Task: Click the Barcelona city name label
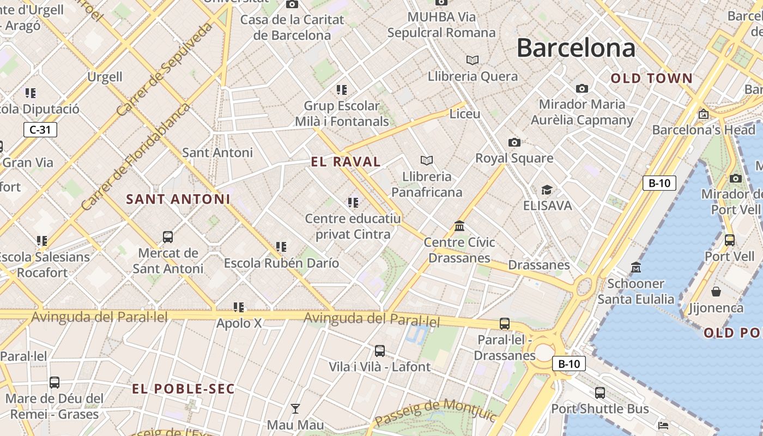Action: (576, 48)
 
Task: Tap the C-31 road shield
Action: (40, 130)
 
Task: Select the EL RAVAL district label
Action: (346, 162)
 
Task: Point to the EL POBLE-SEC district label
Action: (184, 389)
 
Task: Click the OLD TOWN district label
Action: (651, 78)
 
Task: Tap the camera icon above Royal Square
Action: (514, 143)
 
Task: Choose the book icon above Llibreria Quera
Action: (473, 60)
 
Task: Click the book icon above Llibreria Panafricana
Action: (427, 160)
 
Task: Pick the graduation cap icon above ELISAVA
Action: (547, 190)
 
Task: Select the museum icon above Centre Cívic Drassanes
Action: (459, 226)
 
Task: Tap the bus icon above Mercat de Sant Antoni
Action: (168, 237)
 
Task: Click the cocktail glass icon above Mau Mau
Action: (295, 408)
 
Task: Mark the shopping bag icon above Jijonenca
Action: (716, 292)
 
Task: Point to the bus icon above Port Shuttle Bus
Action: (600, 392)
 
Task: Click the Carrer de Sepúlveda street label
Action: (164, 69)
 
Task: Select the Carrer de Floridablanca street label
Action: (135, 156)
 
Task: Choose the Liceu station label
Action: (465, 114)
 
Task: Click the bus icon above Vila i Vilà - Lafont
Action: (380, 351)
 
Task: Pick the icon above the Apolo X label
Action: (239, 307)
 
